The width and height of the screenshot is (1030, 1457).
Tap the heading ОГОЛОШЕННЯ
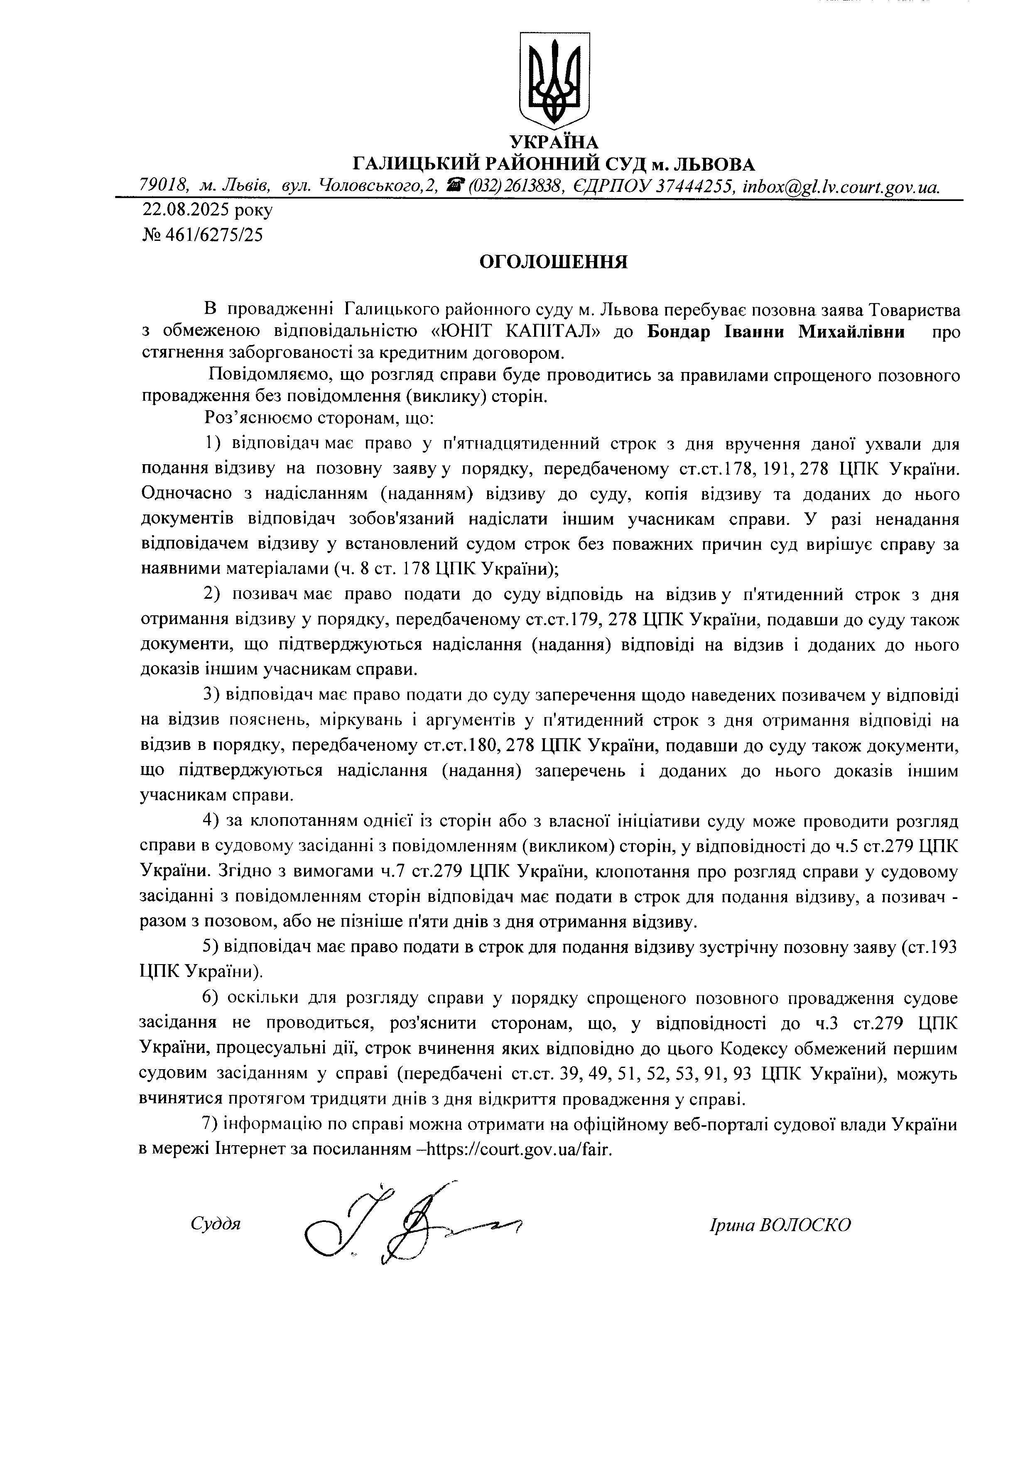(553, 262)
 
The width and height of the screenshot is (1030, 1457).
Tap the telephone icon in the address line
(454, 185)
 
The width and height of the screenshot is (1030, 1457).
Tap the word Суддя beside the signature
(215, 1224)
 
